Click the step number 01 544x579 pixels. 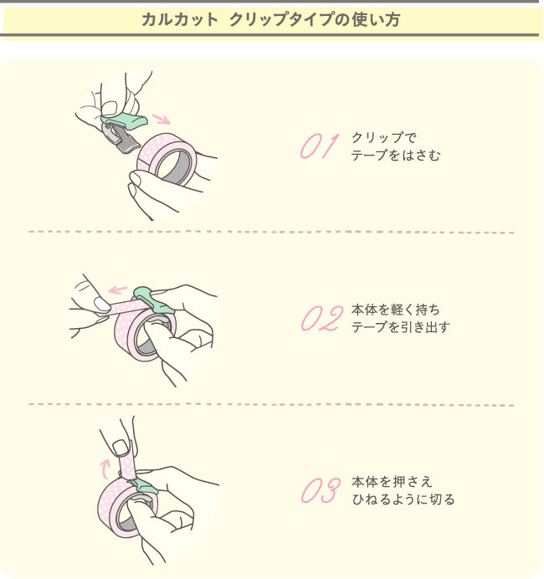(x=318, y=146)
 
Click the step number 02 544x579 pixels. (x=321, y=318)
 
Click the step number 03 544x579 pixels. (x=321, y=490)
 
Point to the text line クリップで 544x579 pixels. (x=383, y=137)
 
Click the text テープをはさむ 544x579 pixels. (x=396, y=155)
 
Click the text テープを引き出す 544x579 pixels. (x=401, y=327)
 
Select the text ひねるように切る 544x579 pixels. (x=403, y=500)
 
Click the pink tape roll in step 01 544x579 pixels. (x=168, y=158)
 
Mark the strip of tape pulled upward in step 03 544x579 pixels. (x=128, y=463)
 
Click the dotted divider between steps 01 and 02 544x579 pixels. (x=271, y=232)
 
